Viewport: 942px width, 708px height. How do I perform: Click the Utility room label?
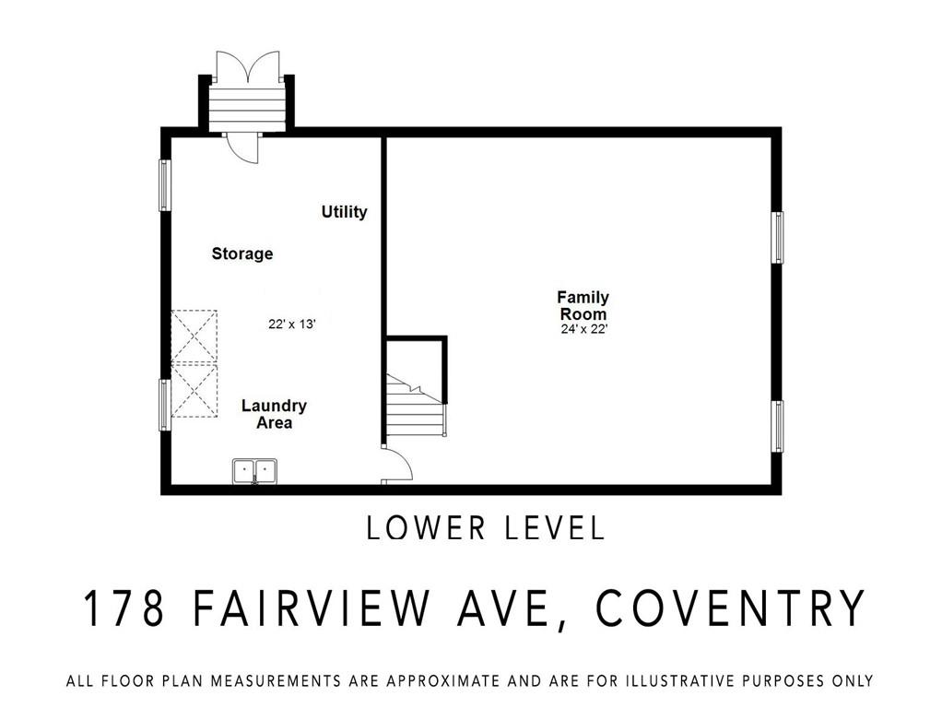click(x=344, y=211)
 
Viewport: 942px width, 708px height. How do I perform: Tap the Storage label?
click(x=242, y=254)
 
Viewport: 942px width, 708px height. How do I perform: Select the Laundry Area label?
click(x=274, y=414)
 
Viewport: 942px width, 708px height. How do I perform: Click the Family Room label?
click(x=583, y=305)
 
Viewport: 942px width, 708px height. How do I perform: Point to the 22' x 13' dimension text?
click(x=292, y=324)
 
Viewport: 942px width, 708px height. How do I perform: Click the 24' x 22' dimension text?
click(x=584, y=329)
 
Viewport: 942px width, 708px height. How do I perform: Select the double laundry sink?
click(x=254, y=470)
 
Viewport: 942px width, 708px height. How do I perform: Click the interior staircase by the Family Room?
click(x=416, y=406)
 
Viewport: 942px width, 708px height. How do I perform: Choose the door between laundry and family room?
click(x=397, y=464)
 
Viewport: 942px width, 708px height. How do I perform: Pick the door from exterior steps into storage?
click(x=242, y=147)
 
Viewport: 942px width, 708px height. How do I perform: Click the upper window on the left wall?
click(x=165, y=185)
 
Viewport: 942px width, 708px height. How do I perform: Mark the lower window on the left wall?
click(x=165, y=405)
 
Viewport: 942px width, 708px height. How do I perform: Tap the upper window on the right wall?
click(x=777, y=238)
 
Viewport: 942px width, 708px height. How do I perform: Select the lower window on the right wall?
click(x=777, y=427)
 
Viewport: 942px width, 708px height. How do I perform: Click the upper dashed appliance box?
click(x=194, y=336)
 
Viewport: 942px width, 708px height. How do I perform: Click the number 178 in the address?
click(x=124, y=608)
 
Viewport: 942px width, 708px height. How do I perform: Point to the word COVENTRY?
click(x=729, y=608)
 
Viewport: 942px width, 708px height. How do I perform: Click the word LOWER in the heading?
click(x=425, y=528)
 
